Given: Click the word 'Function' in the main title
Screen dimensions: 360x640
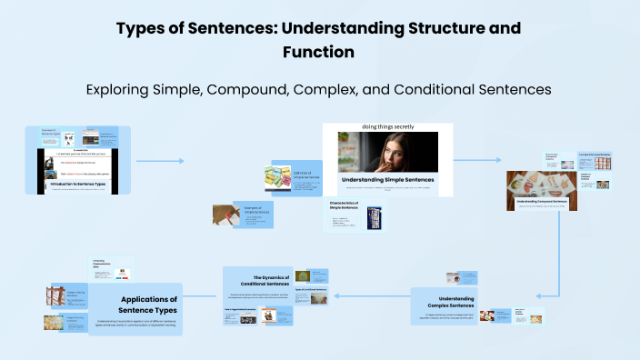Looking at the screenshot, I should pyautogui.click(x=319, y=53).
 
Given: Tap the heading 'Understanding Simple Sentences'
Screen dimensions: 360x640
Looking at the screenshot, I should pyautogui.click(x=387, y=180).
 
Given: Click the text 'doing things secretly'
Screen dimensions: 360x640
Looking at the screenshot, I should pyautogui.click(x=387, y=127).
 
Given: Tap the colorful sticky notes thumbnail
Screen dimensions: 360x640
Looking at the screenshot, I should pyautogui.click(x=276, y=179).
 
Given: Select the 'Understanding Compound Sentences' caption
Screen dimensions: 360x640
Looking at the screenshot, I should pyautogui.click(x=542, y=200).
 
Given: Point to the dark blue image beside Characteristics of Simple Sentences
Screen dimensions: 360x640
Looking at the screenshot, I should pyautogui.click(x=374, y=218).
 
